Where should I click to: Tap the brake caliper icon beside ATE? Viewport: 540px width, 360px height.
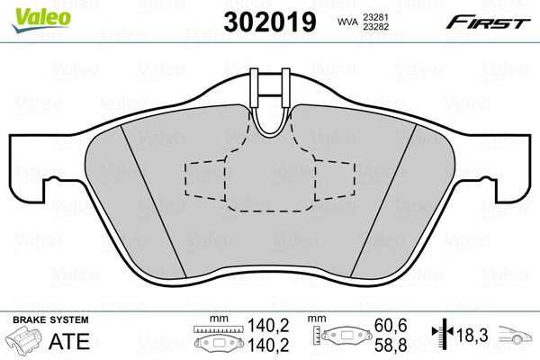[x=25, y=343]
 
